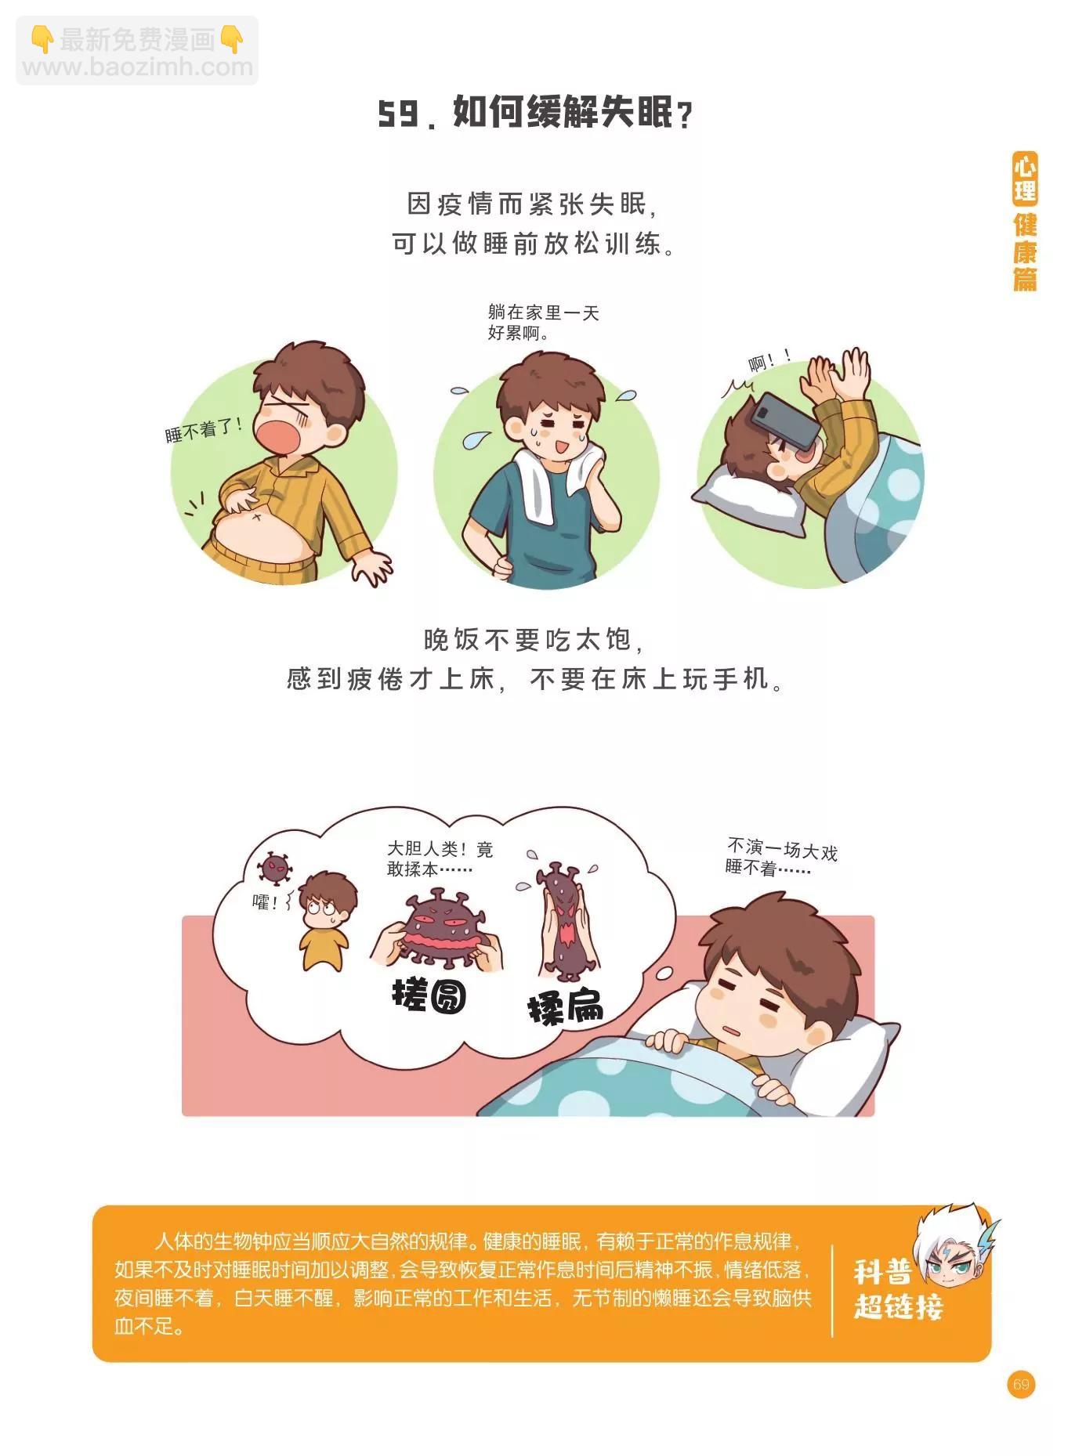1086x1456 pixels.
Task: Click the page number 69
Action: coord(1020,1385)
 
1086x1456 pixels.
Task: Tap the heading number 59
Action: coord(397,115)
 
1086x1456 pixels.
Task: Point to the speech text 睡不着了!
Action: coord(204,429)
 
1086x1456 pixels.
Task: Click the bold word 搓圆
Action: coord(429,995)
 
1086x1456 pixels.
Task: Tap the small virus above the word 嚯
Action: coord(275,868)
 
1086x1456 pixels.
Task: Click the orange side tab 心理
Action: coord(1025,179)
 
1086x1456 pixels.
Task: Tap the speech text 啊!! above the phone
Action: coord(769,362)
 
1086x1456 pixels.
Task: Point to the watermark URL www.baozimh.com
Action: coord(138,67)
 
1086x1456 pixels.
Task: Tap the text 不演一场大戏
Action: coord(782,849)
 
